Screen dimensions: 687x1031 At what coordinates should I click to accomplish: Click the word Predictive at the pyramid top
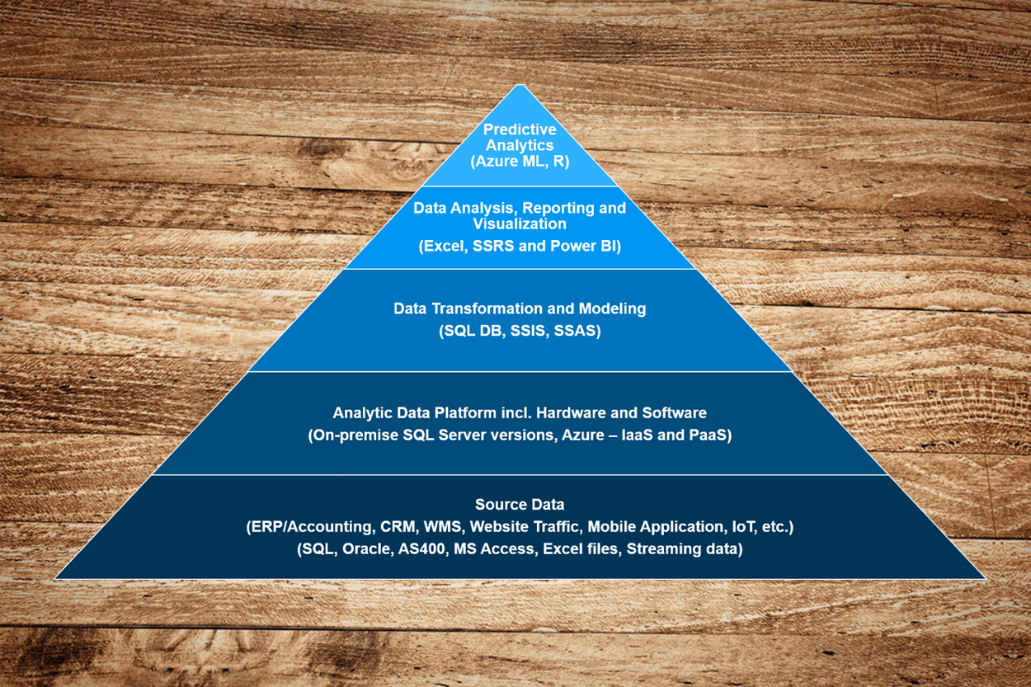pyautogui.click(x=520, y=129)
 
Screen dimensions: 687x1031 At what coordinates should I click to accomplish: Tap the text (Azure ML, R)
pyautogui.click(x=520, y=162)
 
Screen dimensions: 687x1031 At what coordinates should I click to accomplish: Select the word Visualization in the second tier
pyautogui.click(x=520, y=224)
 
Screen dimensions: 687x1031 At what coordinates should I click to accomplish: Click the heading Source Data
pyautogui.click(x=520, y=505)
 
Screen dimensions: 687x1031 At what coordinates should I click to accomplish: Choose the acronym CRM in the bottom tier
pyautogui.click(x=399, y=527)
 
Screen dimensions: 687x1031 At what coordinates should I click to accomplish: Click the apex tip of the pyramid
pyautogui.click(x=519, y=86)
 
